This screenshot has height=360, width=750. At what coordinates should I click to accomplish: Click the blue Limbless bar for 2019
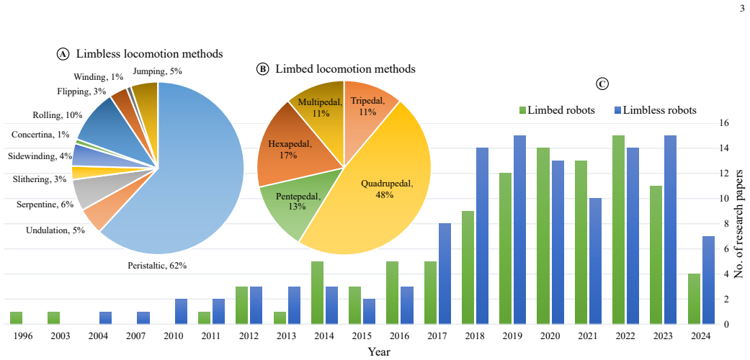pos(519,230)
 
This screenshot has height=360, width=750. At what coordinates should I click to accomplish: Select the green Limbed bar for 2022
pos(618,230)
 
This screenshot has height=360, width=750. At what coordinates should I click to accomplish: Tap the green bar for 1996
pos(17,318)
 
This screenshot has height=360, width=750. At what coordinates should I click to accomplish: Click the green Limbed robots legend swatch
pos(522,110)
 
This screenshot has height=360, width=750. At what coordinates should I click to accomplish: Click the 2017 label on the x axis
pos(445,336)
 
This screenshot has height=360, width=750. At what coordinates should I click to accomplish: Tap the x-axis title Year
pos(379,352)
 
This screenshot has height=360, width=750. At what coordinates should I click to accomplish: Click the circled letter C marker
pos(602,84)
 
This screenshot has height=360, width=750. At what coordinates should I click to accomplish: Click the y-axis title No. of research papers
pos(738,224)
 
